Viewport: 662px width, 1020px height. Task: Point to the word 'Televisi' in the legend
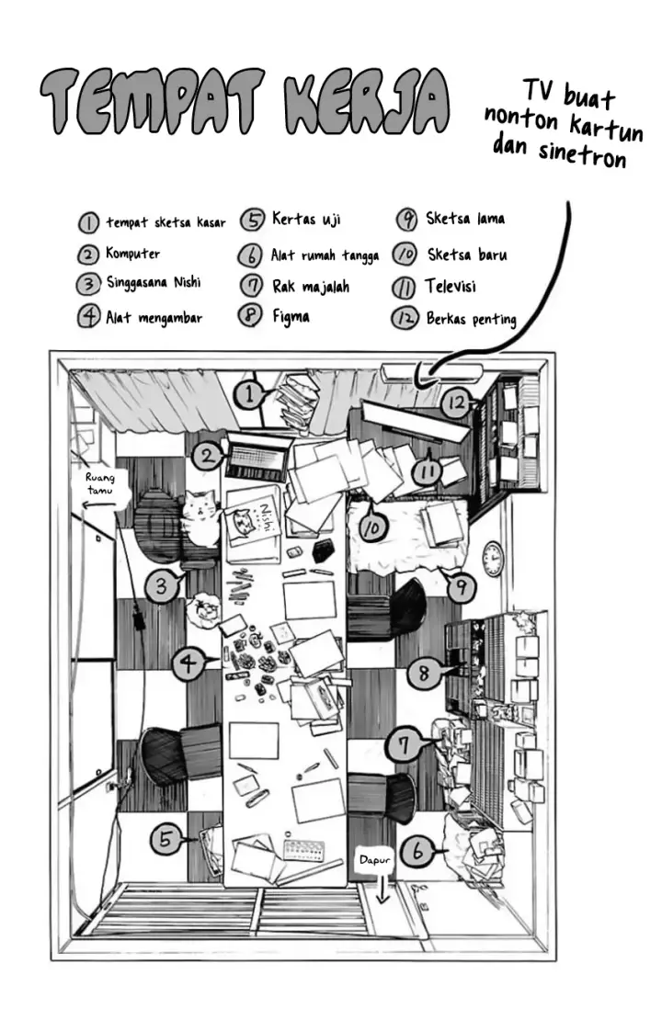coord(450,286)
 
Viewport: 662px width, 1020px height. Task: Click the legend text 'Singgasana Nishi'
coord(152,284)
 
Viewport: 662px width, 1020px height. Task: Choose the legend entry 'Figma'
coord(291,316)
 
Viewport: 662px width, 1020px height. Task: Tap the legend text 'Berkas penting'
coord(471,319)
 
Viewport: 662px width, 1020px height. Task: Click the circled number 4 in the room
coord(188,662)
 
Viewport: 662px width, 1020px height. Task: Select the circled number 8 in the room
coord(423,674)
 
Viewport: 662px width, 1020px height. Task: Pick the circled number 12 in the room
coord(455,402)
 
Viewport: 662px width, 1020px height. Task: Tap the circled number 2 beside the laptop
coord(208,453)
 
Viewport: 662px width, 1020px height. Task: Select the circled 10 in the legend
coord(405,254)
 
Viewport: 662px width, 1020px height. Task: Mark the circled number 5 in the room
coord(165,838)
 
